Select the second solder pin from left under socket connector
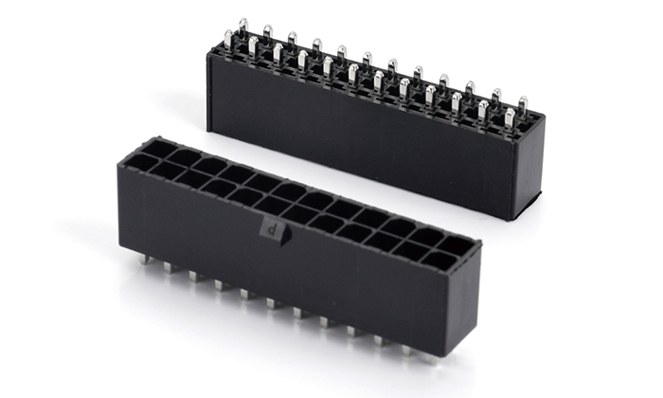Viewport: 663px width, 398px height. coord(170,267)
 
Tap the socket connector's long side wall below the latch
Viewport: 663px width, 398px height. coord(284,275)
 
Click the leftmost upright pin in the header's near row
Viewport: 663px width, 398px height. coord(228,41)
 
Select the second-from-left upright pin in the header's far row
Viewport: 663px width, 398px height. coord(268,36)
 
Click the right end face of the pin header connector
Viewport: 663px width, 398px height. coord(530,171)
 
